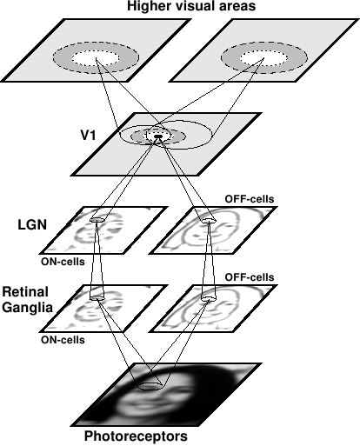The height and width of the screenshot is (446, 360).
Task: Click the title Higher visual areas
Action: (191, 6)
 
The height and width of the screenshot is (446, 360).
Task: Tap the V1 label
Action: (88, 135)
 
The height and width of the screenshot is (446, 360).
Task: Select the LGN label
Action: (32, 224)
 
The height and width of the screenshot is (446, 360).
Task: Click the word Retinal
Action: (25, 291)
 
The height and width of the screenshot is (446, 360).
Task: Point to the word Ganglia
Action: (28, 307)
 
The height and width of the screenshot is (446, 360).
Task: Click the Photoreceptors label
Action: (136, 436)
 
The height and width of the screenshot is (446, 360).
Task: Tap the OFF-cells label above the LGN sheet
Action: (250, 199)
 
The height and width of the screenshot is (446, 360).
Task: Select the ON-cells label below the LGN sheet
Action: (63, 262)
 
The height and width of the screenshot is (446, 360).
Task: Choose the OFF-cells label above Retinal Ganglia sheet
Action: (250, 277)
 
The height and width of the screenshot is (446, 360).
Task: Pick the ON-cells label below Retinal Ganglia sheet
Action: (63, 340)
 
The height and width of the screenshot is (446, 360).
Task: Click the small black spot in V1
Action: (158, 136)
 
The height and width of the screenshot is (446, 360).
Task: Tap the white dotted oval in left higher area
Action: (96, 58)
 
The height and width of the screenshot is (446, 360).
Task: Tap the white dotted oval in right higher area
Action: (263, 58)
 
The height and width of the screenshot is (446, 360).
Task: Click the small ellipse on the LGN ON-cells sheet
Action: (97, 219)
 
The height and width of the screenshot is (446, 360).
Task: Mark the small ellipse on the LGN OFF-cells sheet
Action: (209, 221)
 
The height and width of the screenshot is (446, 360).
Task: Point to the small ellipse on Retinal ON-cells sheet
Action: (97, 297)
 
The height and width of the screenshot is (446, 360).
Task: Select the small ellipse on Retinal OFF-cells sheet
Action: (209, 298)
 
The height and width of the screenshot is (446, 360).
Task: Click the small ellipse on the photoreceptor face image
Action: (150, 386)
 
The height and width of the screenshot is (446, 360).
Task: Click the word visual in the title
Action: (190, 6)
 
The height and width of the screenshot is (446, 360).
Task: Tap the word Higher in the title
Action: (148, 7)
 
